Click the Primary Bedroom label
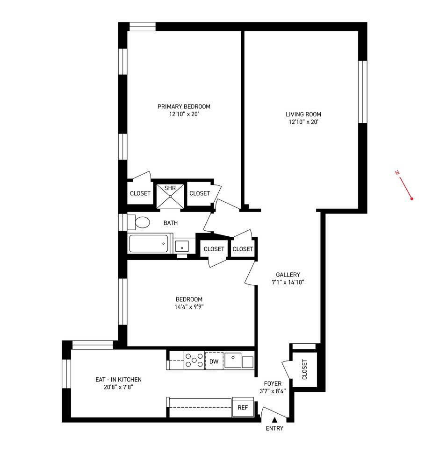click(184, 106)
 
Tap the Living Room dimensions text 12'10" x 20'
click(303, 122)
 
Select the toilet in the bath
click(139, 222)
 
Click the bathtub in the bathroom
click(148, 244)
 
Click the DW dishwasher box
click(214, 361)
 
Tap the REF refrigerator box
click(242, 407)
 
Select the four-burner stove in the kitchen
click(194, 361)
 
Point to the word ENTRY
click(274, 428)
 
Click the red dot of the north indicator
click(412, 199)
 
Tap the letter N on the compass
click(397, 173)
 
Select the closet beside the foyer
click(305, 369)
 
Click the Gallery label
click(288, 275)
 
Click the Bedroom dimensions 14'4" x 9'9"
click(189, 307)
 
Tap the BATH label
click(170, 223)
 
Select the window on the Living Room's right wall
click(362, 92)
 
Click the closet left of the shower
click(140, 193)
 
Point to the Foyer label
click(273, 383)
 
